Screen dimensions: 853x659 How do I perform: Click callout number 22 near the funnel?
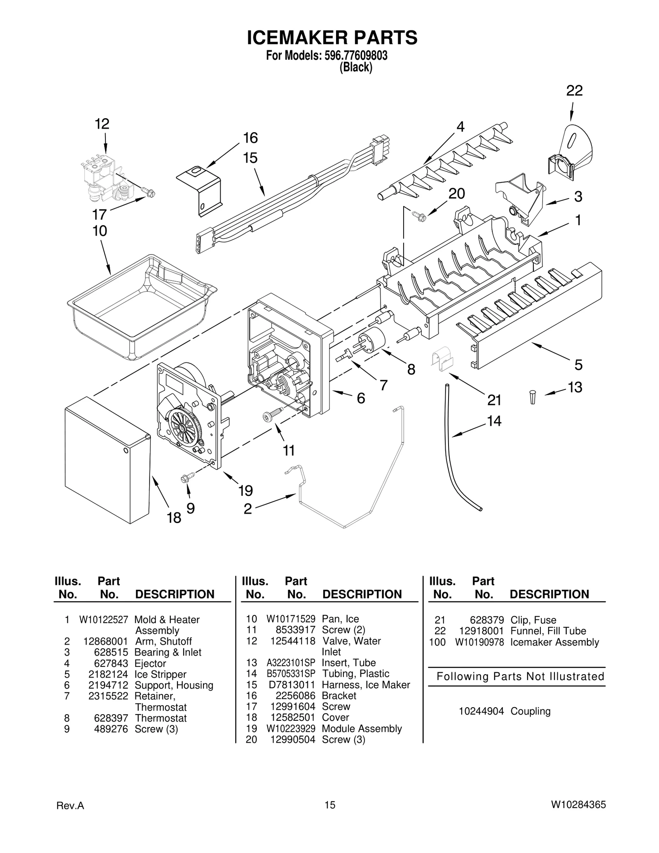(x=574, y=91)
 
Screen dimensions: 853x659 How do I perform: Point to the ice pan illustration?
(x=140, y=307)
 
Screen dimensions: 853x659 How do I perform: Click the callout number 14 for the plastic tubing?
(x=494, y=421)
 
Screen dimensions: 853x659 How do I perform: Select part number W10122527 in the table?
(x=103, y=619)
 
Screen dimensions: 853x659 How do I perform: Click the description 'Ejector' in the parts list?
(x=150, y=664)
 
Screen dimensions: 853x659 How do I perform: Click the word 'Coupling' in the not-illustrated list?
(x=530, y=711)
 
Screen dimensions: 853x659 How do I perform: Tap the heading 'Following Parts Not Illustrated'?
(x=520, y=676)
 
